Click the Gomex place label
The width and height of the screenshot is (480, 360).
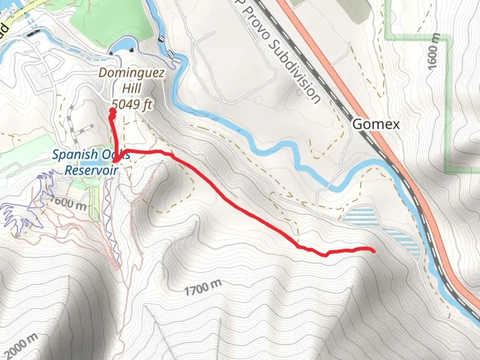[x=376, y=124]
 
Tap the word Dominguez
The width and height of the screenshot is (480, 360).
[x=132, y=73]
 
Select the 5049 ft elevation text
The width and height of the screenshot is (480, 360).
[x=132, y=104]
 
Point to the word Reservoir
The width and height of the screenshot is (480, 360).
[x=91, y=170]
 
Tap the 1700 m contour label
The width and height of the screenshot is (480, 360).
[x=203, y=287]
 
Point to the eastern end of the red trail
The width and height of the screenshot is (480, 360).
[x=374, y=251]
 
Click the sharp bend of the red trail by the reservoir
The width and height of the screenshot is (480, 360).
[x=115, y=161]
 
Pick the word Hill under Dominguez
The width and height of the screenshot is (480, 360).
[x=132, y=88]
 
